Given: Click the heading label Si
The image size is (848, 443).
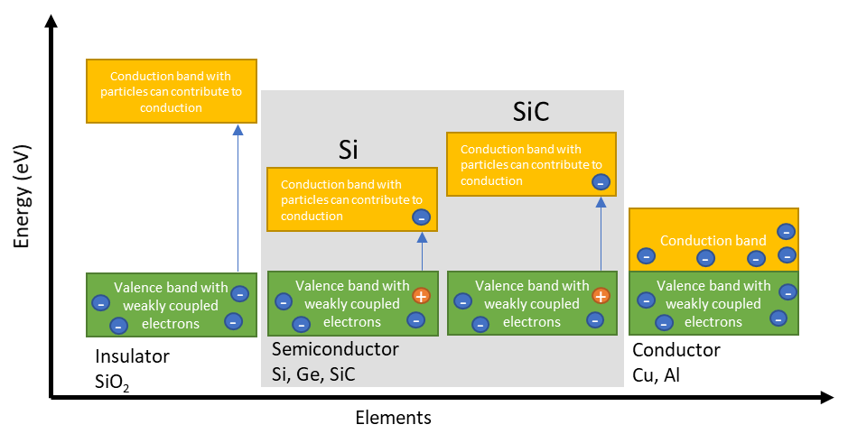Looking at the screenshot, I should click(x=349, y=150).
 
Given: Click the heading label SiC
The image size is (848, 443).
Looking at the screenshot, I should click(x=531, y=113).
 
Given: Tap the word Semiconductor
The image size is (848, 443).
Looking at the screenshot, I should click(x=335, y=349).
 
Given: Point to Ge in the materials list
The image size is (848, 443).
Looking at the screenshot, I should click(x=312, y=374).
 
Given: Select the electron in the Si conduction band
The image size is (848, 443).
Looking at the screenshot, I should click(x=421, y=217).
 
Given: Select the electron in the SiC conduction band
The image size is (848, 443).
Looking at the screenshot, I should click(x=601, y=182).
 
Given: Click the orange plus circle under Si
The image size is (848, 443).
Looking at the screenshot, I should click(x=421, y=295).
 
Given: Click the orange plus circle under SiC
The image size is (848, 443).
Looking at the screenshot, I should click(x=601, y=295).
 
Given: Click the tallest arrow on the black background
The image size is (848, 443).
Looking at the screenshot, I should click(x=238, y=198).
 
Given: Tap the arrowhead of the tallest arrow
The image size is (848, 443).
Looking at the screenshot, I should click(x=238, y=129).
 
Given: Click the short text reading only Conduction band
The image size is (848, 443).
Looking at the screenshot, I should click(x=713, y=241).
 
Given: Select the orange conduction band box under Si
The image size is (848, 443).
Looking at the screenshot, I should click(x=351, y=199).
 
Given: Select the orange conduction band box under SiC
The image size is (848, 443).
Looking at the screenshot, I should click(x=531, y=164).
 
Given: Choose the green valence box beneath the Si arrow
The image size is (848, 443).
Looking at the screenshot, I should click(x=352, y=304).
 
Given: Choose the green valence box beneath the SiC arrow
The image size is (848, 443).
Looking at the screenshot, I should click(x=532, y=304).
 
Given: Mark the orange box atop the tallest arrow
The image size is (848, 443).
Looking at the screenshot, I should click(x=172, y=91).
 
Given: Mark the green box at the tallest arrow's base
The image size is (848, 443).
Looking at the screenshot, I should click(x=172, y=305).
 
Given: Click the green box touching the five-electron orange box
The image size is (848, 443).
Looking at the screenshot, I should click(x=713, y=304).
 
